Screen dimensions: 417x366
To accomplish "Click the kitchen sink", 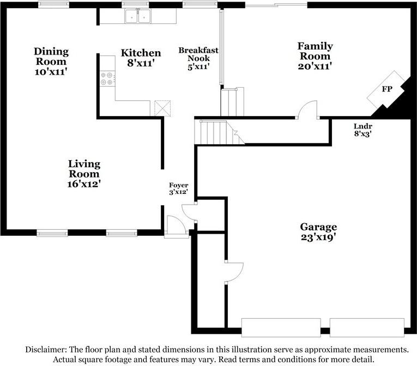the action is click(138, 16).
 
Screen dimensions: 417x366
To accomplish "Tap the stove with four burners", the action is click(107, 78).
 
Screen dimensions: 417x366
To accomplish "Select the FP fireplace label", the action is click(387, 89).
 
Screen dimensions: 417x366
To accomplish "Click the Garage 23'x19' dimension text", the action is click(318, 237).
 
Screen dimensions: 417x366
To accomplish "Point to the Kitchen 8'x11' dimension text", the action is click(141, 63).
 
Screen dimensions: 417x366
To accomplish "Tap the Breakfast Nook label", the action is click(198, 54).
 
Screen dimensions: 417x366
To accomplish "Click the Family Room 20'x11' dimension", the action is click(315, 66).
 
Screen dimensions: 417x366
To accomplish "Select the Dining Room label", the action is click(51, 56).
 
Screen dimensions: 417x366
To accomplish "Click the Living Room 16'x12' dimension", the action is click(84, 184).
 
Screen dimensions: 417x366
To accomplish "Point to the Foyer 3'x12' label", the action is click(179, 188).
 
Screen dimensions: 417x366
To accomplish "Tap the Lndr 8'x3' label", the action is click(362, 130).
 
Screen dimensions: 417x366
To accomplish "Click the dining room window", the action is click(53, 4).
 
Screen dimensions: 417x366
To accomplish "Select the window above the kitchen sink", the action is click(135, 4).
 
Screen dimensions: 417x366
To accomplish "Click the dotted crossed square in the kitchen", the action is click(162, 108).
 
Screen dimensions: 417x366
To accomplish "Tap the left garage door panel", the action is click(281, 327).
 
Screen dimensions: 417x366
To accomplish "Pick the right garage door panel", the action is click(367, 327).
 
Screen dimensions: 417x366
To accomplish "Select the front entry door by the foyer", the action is click(176, 227).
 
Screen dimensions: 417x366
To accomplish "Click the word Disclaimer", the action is click(46, 350).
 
